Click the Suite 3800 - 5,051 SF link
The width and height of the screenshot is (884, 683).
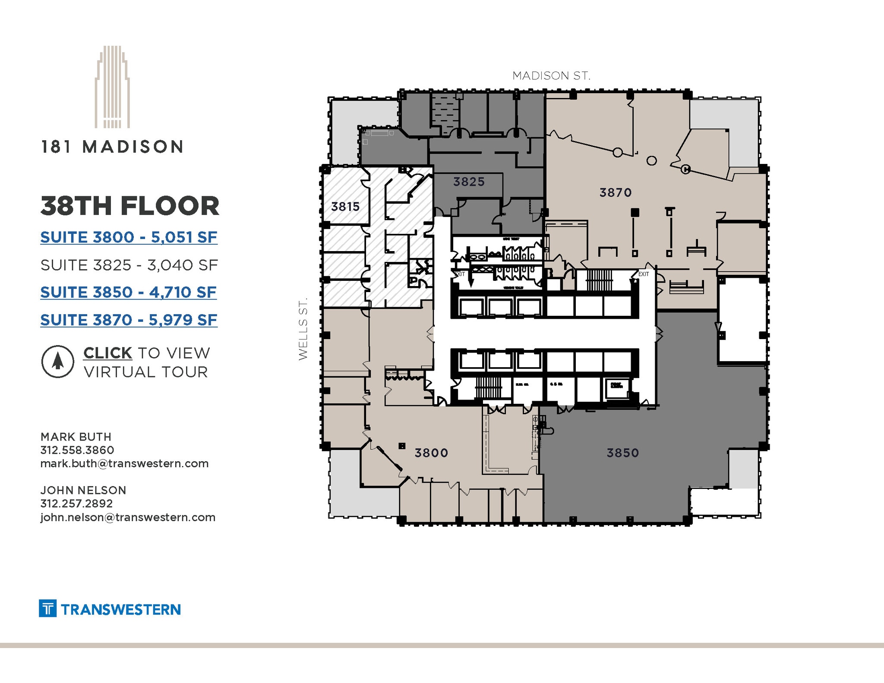129,237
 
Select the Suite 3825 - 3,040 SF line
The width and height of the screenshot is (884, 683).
129,265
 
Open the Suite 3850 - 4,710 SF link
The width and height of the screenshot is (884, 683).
128,293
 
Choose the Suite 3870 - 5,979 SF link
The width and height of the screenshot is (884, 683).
129,320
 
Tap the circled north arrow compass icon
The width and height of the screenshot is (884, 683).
57,362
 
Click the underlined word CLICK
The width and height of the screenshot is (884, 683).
107,353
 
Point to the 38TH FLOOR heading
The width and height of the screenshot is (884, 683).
129,206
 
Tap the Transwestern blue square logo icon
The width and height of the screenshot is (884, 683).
47,608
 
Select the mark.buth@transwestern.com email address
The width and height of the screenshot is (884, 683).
124,463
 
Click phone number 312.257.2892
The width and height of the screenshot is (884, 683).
76,504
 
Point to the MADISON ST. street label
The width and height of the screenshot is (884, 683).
551,76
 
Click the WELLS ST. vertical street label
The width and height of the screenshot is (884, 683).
303,328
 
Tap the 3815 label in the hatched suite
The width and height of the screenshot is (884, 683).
345,207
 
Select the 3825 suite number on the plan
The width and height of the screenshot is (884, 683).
469,182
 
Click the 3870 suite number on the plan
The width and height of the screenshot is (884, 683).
616,192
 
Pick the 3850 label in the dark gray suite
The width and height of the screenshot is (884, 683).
622,453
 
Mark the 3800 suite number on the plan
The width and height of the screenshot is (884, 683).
431,453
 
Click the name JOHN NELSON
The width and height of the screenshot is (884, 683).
83,490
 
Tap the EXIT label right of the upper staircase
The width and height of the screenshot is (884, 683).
644,274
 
